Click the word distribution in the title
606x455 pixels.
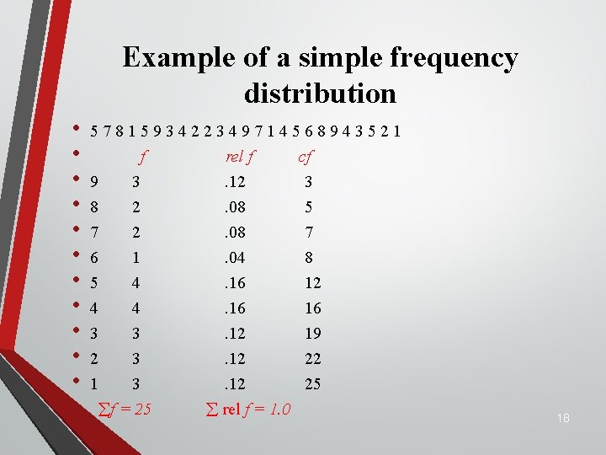(x=320, y=92)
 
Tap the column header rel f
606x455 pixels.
(x=241, y=156)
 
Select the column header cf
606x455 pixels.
(x=305, y=156)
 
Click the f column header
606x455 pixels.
(x=143, y=156)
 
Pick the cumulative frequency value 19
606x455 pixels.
(x=312, y=333)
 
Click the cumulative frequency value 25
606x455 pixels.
(x=312, y=383)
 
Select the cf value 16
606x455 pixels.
(x=312, y=308)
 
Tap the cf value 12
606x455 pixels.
(x=312, y=282)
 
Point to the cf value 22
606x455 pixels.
(x=312, y=358)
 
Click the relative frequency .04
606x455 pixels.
(x=235, y=257)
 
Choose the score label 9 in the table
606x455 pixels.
(x=94, y=181)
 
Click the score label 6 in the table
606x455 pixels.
(x=94, y=257)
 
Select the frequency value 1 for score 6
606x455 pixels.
(x=135, y=257)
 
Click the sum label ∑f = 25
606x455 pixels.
(x=125, y=409)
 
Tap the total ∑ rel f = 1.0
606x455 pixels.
(x=248, y=409)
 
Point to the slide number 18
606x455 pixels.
(x=562, y=418)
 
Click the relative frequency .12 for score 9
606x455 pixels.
(x=235, y=181)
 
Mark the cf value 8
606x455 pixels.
(x=309, y=257)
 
